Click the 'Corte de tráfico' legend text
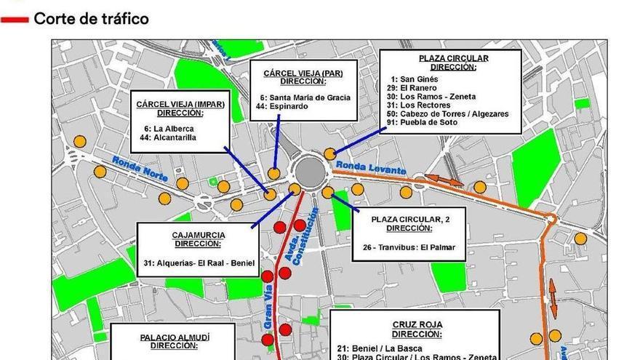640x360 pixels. click(x=91, y=19)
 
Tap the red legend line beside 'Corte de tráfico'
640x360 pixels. click(x=15, y=20)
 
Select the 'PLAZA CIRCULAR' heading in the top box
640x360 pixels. click(x=453, y=58)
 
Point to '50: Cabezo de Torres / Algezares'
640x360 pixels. click(x=447, y=113)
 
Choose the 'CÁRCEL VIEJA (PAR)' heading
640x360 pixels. click(x=303, y=73)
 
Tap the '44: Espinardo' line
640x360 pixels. click(x=282, y=107)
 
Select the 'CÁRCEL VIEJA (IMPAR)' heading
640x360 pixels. click(x=180, y=104)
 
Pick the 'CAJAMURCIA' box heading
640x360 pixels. click(x=199, y=235)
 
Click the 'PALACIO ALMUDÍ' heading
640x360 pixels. click(x=180, y=337)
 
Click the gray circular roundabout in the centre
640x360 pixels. click(x=308, y=172)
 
